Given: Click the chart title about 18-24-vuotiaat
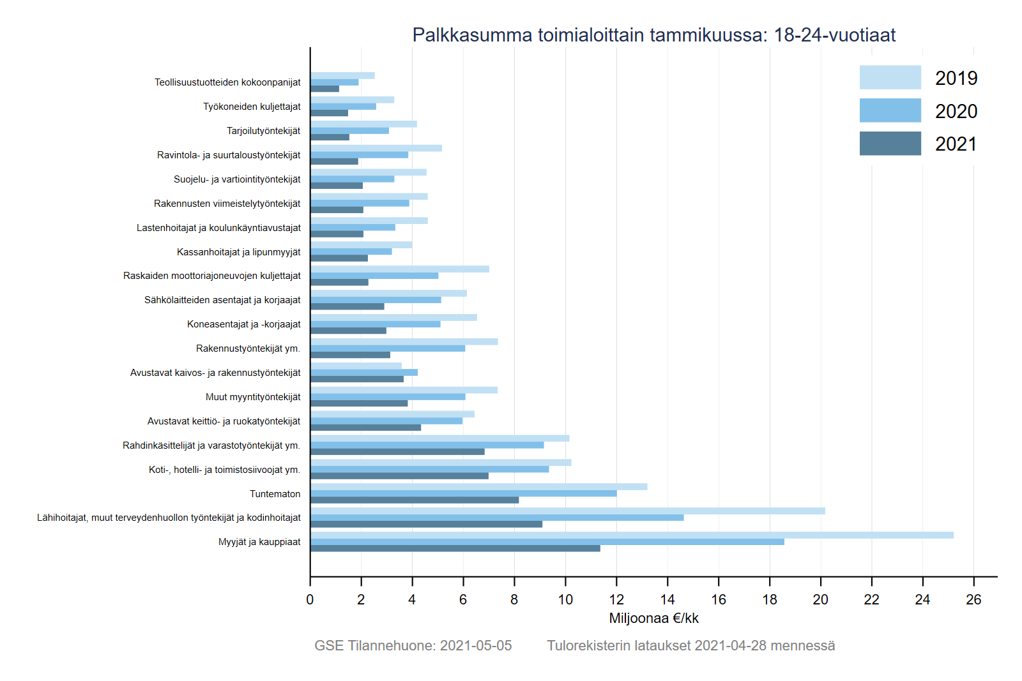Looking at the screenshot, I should (653, 35).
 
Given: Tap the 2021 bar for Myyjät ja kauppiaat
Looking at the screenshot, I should (455, 548).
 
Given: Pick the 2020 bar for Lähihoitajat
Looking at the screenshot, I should (496, 518).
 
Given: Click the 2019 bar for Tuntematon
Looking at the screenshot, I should (478, 487).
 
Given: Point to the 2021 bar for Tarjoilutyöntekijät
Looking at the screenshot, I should (330, 137).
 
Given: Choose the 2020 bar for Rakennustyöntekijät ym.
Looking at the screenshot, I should (387, 348).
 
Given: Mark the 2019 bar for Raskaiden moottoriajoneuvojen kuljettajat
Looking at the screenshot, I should (399, 269).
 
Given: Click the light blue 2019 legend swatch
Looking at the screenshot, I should (890, 77).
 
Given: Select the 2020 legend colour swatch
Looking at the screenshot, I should (890, 110).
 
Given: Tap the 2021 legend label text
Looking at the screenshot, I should (956, 144).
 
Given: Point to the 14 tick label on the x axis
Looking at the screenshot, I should (667, 599).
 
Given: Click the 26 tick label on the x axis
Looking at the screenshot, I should (973, 599).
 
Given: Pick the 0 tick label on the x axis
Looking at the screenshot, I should (310, 599).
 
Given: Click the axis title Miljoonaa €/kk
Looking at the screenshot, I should (653, 618).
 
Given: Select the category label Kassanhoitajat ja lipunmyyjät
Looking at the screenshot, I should (238, 252).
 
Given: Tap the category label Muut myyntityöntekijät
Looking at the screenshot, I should (252, 397).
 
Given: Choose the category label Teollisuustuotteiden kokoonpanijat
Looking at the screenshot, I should (227, 82).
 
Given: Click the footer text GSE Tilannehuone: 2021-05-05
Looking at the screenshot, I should (413, 646).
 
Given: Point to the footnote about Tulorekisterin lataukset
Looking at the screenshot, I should (690, 646).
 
